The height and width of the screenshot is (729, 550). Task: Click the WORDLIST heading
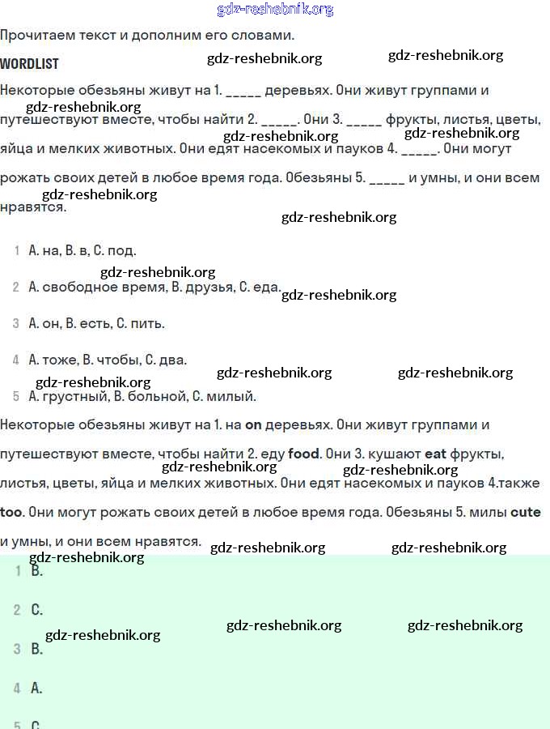tap(29, 63)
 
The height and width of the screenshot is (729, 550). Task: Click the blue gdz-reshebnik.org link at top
tap(275, 10)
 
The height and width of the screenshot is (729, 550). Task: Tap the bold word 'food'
tap(304, 454)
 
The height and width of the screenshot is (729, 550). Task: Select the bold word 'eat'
tap(435, 454)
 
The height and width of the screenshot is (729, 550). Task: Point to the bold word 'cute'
tap(525, 513)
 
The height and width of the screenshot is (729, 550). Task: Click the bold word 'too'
tap(11, 513)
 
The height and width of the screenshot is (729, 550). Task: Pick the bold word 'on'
tap(253, 425)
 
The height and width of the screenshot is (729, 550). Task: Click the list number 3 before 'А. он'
tap(16, 324)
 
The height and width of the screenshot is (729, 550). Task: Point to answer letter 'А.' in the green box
tap(36, 688)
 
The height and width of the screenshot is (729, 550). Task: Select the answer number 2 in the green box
tap(17, 610)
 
